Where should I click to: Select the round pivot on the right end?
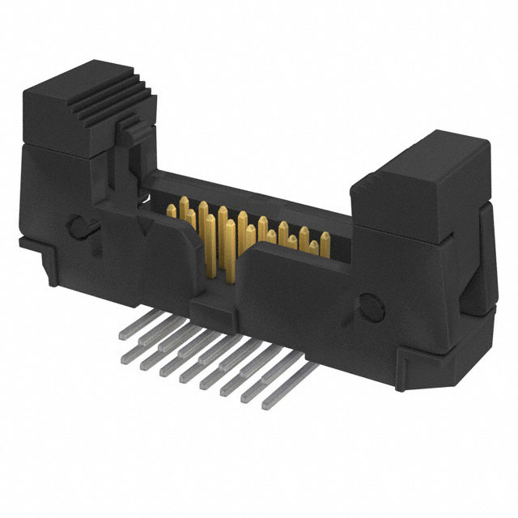point(367,306)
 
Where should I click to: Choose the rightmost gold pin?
point(324,242)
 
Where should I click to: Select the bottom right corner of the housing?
point(453,356)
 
